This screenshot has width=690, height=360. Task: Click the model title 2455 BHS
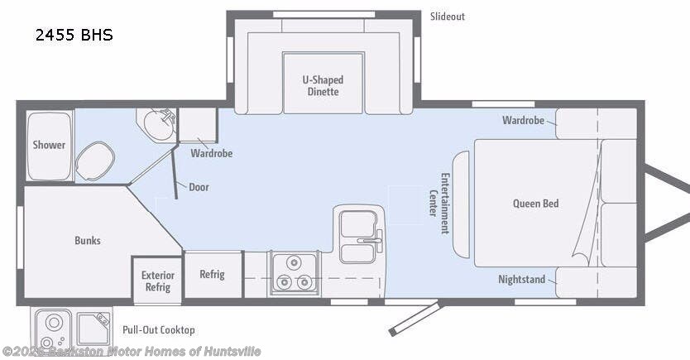point(74,35)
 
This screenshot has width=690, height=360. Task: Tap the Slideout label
point(447,17)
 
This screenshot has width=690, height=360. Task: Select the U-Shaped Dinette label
point(323,86)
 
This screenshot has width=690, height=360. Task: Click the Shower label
point(49,145)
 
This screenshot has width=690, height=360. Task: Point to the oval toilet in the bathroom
point(95,161)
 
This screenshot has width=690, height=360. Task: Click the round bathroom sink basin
point(158,124)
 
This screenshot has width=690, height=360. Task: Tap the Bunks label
point(88,240)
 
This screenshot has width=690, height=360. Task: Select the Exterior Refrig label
point(158,281)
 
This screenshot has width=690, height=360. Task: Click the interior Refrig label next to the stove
point(212,274)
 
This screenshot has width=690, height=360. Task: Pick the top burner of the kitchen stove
point(294,262)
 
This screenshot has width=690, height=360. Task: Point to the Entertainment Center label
point(439,203)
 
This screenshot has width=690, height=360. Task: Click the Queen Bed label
point(535,204)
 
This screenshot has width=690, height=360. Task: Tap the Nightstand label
point(521,280)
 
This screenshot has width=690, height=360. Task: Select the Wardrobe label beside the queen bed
point(523,120)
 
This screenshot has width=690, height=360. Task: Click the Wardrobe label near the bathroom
point(211,153)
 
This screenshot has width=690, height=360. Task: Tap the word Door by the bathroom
point(199,187)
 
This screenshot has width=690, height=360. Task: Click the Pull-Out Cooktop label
point(158,330)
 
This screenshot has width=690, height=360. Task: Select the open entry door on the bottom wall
point(415,318)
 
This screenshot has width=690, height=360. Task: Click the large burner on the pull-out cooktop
point(54,323)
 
